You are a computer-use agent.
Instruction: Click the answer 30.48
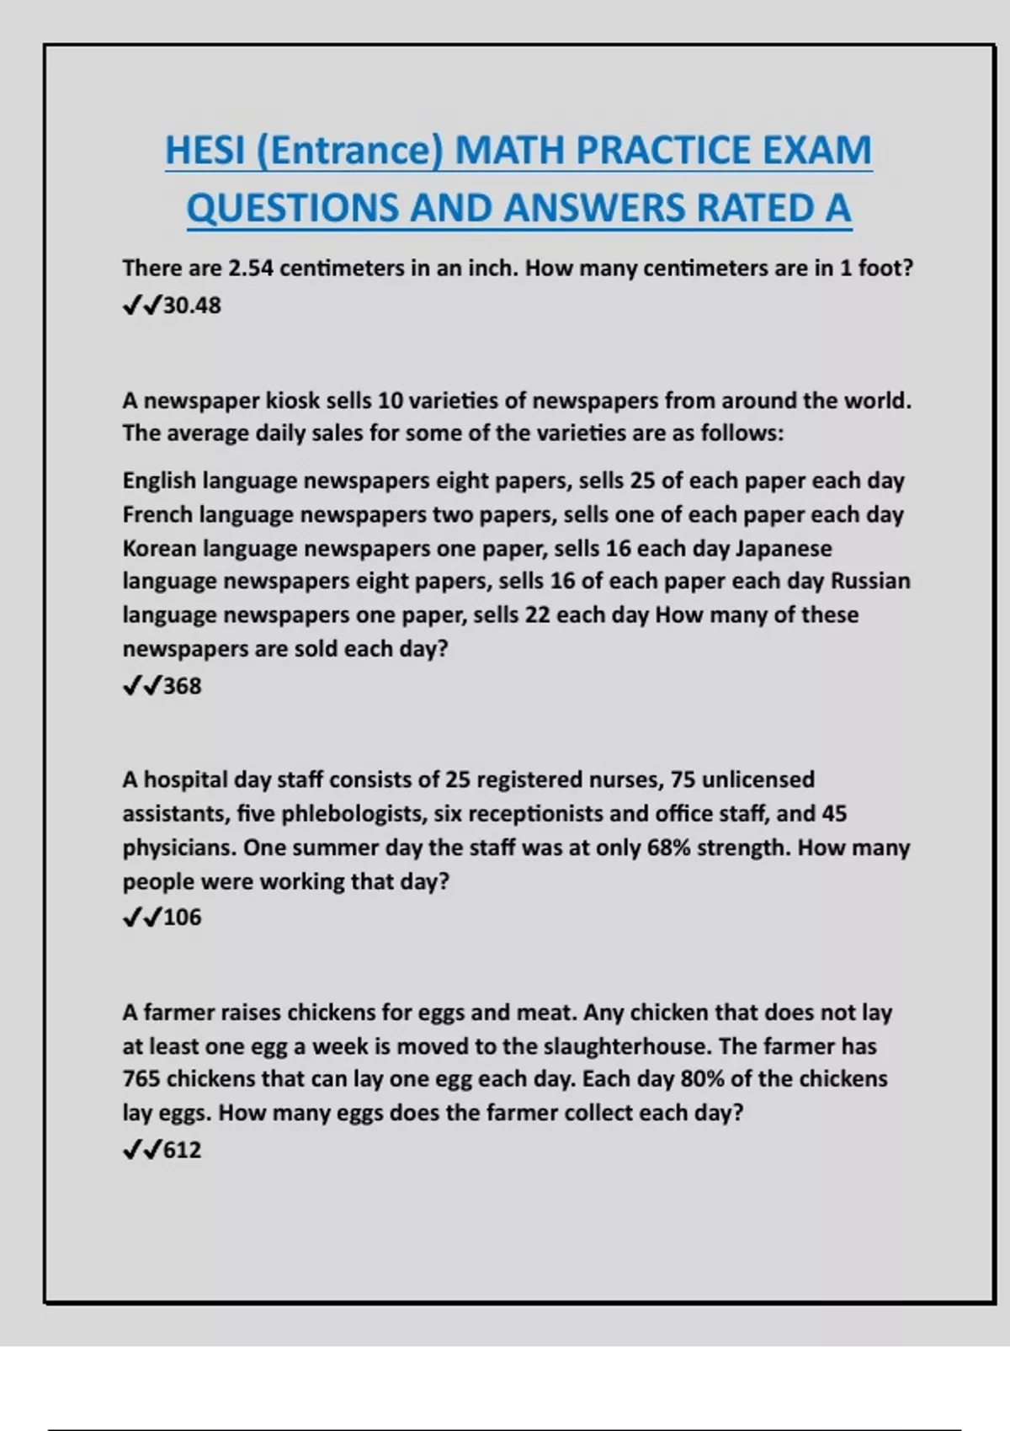pos(192,306)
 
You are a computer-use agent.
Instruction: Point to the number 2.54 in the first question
pos(251,269)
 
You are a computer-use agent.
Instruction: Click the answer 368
pos(183,686)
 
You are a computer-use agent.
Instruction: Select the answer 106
pos(183,918)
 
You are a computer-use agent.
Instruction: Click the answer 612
pos(183,1150)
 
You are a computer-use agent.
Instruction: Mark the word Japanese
pos(784,548)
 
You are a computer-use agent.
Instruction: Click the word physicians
pos(178,848)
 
